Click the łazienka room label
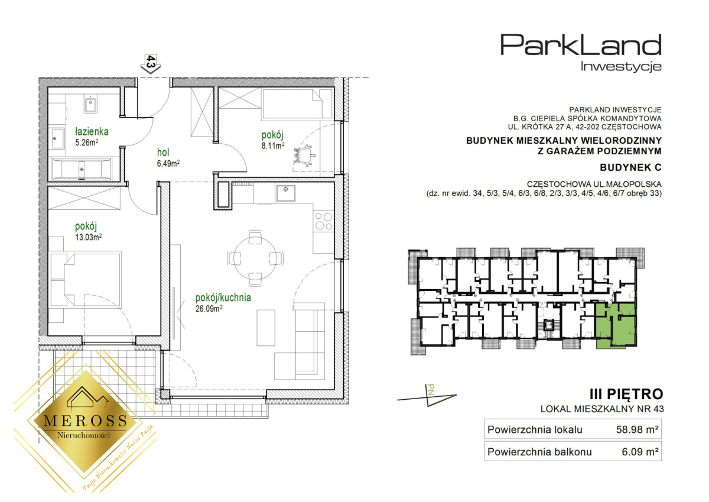pyautogui.click(x=92, y=131)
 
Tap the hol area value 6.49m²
pyautogui.click(x=168, y=163)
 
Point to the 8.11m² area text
pyautogui.click(x=273, y=145)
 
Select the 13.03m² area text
pyautogui.click(x=88, y=237)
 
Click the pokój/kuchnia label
pyautogui.click(x=223, y=298)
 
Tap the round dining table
pyautogui.click(x=255, y=258)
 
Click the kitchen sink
pyautogui.click(x=285, y=193)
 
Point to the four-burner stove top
pyautogui.click(x=324, y=221)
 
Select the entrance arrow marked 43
pyautogui.click(x=151, y=64)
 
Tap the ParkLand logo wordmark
pyautogui.click(x=581, y=46)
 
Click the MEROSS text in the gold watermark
pyautogui.click(x=86, y=420)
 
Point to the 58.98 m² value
pyautogui.click(x=637, y=429)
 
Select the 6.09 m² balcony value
pyautogui.click(x=640, y=452)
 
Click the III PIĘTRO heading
pyautogui.click(x=626, y=394)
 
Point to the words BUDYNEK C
pyautogui.click(x=630, y=167)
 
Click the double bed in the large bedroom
pyautogui.click(x=86, y=279)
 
